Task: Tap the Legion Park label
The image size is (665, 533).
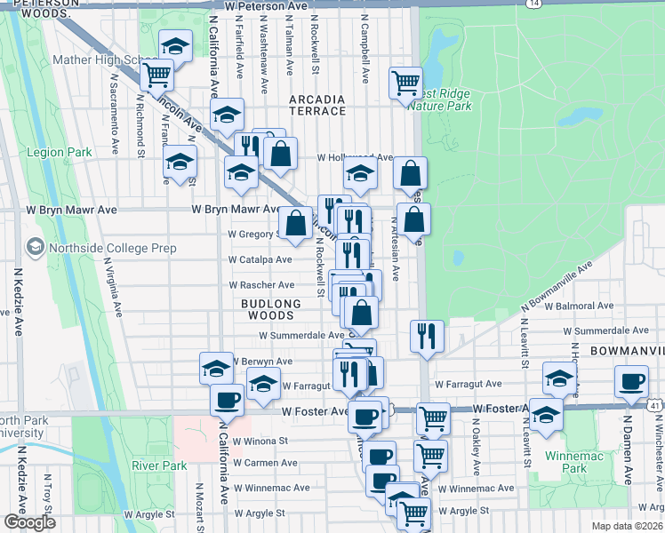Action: click(x=60, y=152)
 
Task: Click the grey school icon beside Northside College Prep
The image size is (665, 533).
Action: click(x=36, y=246)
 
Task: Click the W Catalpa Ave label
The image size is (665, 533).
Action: click(x=260, y=259)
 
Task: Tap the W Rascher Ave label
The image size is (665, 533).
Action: click(x=261, y=285)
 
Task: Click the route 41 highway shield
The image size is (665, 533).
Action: click(x=654, y=405)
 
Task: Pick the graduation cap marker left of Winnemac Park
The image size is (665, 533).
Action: click(x=545, y=415)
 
